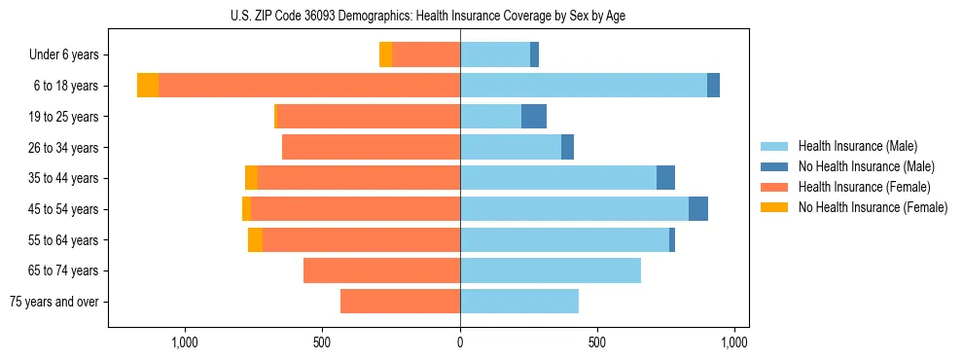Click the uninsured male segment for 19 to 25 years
[x=534, y=117]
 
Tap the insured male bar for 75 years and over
[x=519, y=302]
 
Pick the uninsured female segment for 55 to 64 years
[x=255, y=239]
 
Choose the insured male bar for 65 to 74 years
[x=551, y=270]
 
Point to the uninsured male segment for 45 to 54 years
[x=698, y=209]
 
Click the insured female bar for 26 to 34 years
[x=371, y=147]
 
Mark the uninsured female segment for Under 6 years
[x=385, y=54]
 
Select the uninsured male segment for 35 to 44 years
[x=665, y=178]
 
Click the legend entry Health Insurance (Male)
[x=857, y=146]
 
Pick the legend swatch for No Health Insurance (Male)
[x=774, y=166]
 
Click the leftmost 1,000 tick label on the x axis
[x=185, y=342]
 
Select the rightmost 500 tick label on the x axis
[x=597, y=342]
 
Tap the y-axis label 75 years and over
[x=53, y=302]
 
